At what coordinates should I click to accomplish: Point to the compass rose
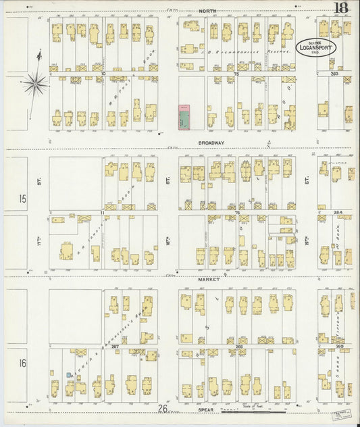[x=34, y=84]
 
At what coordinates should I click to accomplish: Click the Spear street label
[x=206, y=409]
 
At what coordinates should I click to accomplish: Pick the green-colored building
[x=183, y=117]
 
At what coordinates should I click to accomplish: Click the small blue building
[x=68, y=374]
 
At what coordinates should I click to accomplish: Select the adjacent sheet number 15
[x=22, y=199]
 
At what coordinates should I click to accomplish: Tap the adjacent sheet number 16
[x=22, y=363]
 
